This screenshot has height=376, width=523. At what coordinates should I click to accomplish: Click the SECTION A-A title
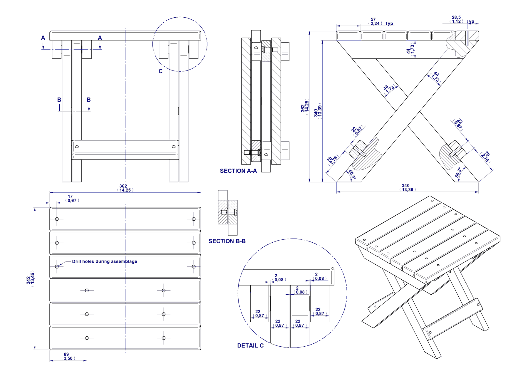tap(238, 171)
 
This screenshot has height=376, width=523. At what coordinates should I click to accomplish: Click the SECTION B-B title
tap(227, 241)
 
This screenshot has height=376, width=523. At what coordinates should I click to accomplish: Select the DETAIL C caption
tap(250, 346)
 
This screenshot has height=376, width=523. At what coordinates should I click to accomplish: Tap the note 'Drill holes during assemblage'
tap(105, 261)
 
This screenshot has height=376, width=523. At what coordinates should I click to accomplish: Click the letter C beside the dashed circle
tap(160, 71)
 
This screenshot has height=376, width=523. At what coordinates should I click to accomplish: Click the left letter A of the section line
tap(43, 38)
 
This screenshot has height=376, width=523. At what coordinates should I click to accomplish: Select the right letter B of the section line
tap(89, 100)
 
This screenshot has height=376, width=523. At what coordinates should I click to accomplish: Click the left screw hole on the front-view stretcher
tap(77, 147)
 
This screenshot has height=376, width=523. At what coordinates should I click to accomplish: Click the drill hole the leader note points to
tap(57, 266)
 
